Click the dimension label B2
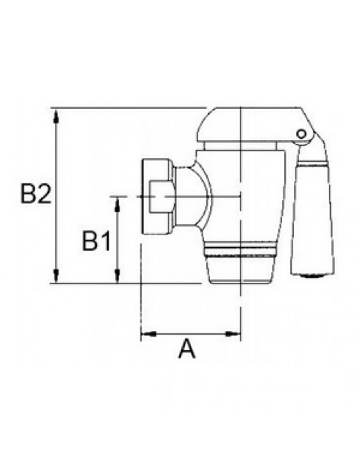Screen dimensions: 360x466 (x=36, y=194)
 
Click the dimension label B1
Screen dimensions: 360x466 (x=96, y=241)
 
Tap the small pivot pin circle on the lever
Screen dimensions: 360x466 (x=301, y=134)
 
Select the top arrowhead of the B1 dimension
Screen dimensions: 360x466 (x=117, y=204)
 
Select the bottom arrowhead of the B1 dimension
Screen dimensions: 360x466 (x=117, y=276)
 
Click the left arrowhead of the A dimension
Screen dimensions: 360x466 (x=148, y=334)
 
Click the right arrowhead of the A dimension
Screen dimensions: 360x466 (x=233, y=334)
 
